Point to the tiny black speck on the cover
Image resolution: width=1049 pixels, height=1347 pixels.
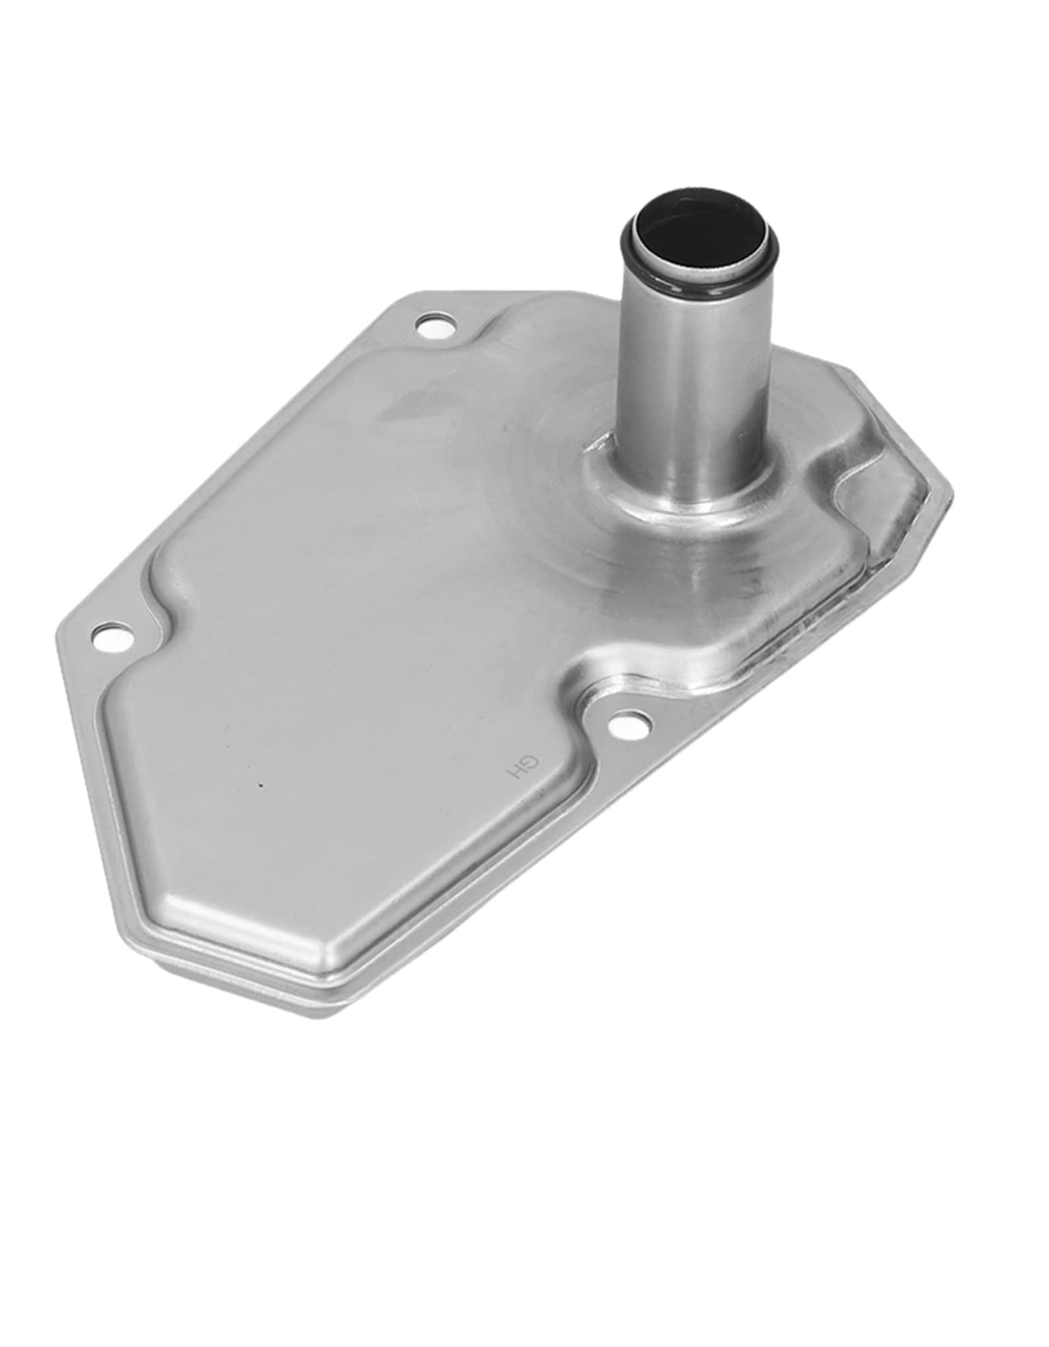click(x=261, y=785)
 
